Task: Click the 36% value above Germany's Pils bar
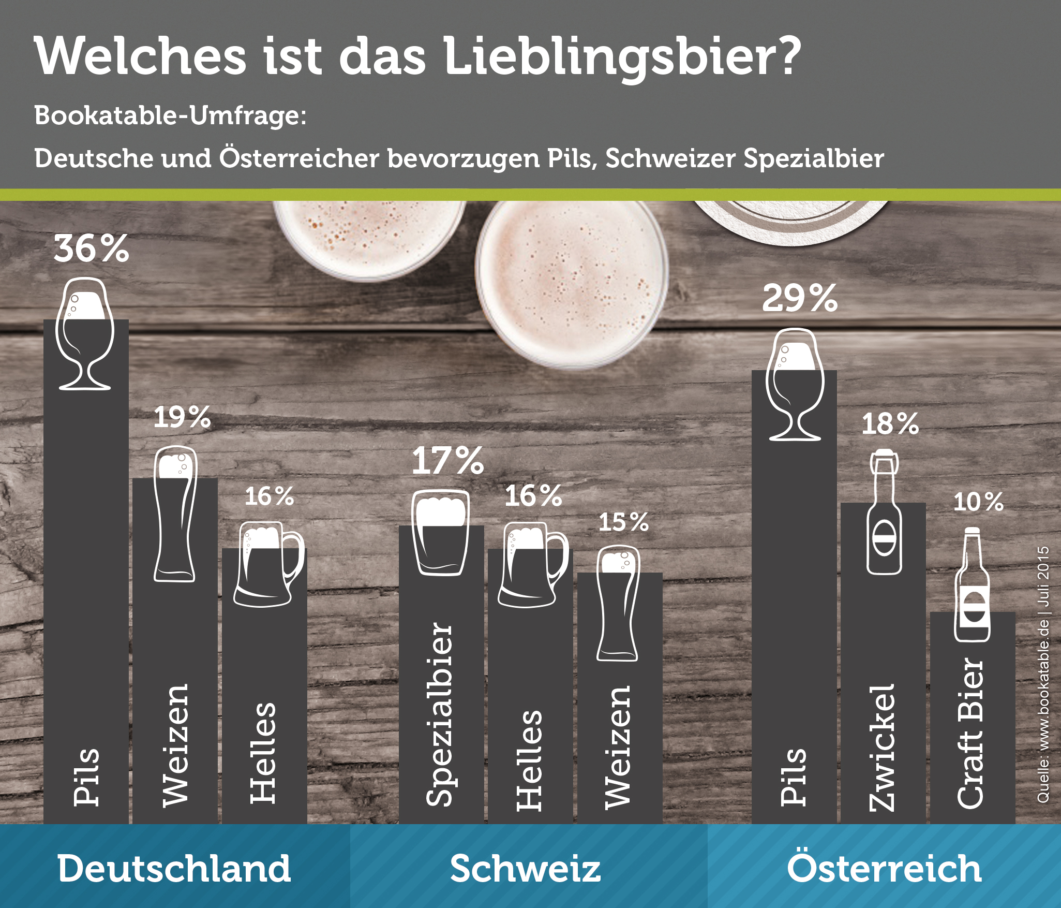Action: [91, 248]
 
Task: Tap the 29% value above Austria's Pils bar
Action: [799, 298]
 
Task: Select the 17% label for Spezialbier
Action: [447, 461]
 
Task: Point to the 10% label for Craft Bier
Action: [978, 502]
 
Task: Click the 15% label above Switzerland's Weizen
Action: [623, 522]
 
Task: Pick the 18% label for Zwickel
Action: [890, 424]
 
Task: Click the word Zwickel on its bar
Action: [881, 748]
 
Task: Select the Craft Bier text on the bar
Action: [970, 733]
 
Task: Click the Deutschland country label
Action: [174, 868]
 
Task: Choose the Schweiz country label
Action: [525, 868]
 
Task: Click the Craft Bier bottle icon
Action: [972, 585]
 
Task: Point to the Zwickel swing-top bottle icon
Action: [884, 512]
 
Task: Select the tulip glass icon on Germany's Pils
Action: [84, 334]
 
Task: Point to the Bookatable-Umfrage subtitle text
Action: [170, 115]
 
